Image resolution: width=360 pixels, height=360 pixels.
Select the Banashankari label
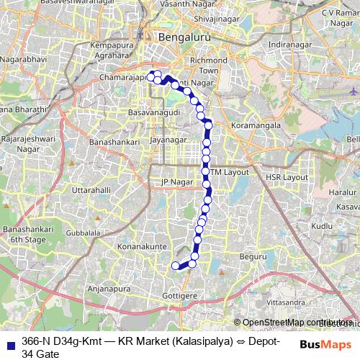[114, 143]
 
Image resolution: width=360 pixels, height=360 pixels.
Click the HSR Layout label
[287, 176]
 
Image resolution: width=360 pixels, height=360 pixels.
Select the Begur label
[253, 256]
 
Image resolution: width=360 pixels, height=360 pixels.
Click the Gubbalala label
[83, 233]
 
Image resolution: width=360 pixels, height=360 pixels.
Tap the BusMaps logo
[326, 345]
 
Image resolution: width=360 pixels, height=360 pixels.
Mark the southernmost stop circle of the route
[174, 266]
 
